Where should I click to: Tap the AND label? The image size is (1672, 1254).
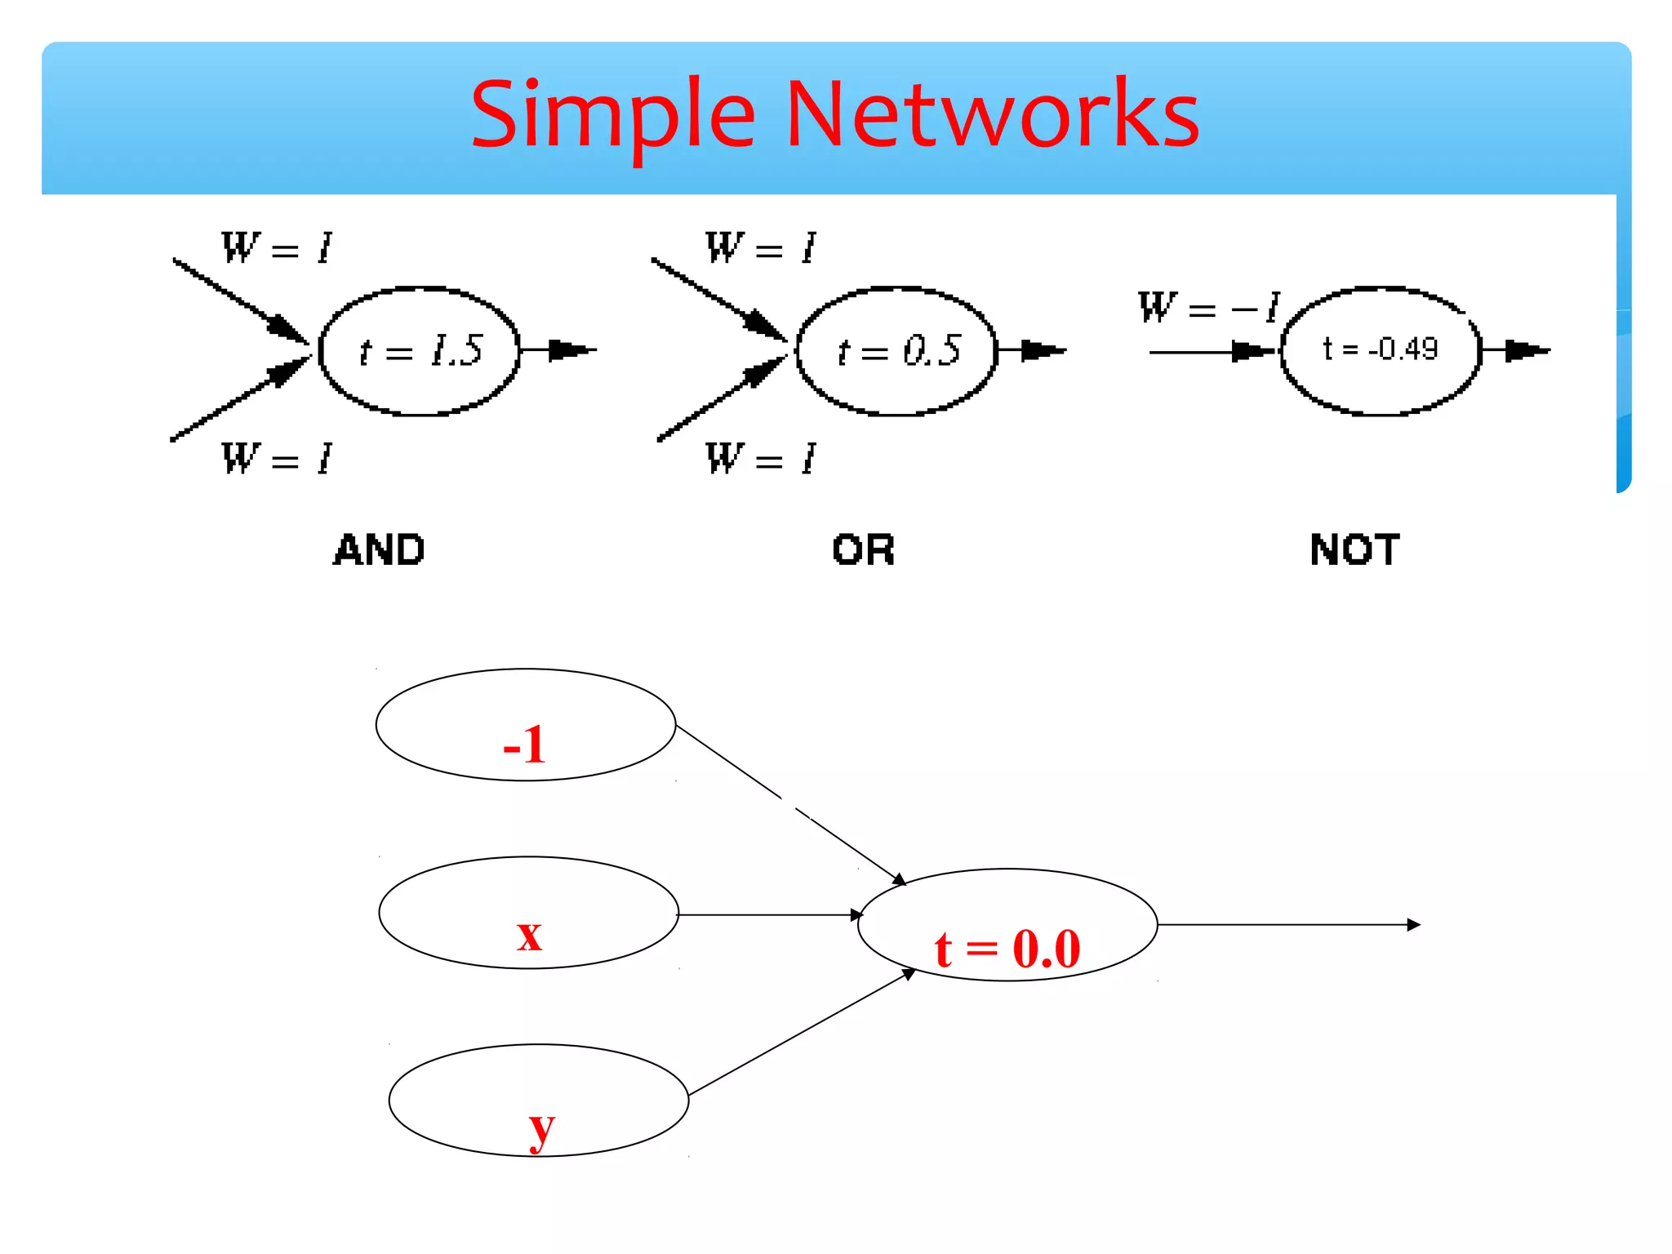[x=379, y=549]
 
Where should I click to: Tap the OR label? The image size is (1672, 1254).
[x=863, y=549]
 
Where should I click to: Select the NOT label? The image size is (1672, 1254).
[x=1354, y=549]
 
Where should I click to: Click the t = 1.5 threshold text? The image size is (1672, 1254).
[x=421, y=351]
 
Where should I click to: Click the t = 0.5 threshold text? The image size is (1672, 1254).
[x=899, y=351]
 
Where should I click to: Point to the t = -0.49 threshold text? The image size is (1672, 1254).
[x=1380, y=349]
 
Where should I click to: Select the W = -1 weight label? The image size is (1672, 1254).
[x=1208, y=308]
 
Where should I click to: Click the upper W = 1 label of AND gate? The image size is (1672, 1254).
[x=276, y=247]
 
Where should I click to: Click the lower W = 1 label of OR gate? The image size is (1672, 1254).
[x=760, y=458]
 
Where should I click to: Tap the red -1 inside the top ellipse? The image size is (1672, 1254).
[x=524, y=744]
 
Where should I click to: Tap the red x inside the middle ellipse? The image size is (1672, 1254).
[x=529, y=934]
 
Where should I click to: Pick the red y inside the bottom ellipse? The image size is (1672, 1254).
[x=540, y=1128]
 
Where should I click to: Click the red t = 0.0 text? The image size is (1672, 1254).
[x=1007, y=949]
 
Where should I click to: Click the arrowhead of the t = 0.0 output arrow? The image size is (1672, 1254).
[x=1413, y=925]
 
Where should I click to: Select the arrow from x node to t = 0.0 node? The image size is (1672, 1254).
[x=767, y=915]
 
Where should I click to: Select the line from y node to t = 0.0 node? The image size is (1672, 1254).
[x=800, y=1034]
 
